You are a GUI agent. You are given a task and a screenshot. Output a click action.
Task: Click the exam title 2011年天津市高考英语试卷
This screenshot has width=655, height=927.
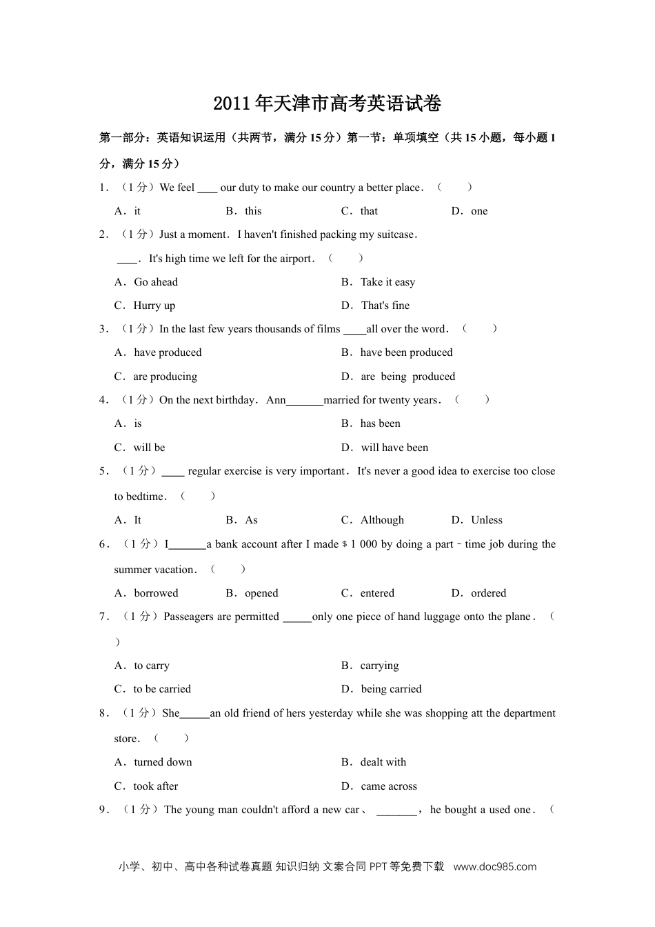click(x=327, y=104)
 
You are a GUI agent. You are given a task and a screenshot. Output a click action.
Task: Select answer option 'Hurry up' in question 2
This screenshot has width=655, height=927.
click(x=154, y=306)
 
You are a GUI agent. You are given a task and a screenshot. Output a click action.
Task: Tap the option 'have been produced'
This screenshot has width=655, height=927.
click(x=406, y=352)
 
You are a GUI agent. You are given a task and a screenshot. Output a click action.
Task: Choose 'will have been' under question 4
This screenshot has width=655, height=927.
click(x=394, y=448)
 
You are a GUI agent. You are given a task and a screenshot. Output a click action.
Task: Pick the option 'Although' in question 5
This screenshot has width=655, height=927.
click(x=382, y=520)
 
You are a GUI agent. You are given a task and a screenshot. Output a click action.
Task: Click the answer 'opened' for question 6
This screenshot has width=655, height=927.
click(x=261, y=593)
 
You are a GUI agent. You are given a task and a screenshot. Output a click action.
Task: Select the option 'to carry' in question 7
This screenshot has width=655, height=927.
click(x=151, y=666)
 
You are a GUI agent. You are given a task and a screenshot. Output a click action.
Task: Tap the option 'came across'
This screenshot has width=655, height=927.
click(x=389, y=786)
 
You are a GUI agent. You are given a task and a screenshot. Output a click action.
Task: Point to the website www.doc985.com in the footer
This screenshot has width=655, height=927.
click(x=494, y=867)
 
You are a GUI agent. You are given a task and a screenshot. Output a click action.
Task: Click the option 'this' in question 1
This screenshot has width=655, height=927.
click(x=253, y=211)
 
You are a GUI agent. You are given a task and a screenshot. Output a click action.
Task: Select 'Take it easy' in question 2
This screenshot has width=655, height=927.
click(x=387, y=282)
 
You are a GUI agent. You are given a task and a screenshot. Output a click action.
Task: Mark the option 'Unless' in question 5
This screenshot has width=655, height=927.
click(x=487, y=520)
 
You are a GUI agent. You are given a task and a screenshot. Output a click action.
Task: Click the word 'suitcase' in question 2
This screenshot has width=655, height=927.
click(x=396, y=235)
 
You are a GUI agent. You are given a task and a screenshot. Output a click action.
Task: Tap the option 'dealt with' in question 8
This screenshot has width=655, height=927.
click(x=383, y=762)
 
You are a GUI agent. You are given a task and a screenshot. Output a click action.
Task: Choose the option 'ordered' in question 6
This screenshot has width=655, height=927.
click(x=488, y=593)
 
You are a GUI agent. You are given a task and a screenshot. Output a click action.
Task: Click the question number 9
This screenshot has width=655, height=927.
click(x=103, y=810)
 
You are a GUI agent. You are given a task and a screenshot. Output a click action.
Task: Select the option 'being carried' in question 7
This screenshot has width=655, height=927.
click(x=391, y=689)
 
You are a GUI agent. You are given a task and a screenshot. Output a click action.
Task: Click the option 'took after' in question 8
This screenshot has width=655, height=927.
click(x=155, y=786)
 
